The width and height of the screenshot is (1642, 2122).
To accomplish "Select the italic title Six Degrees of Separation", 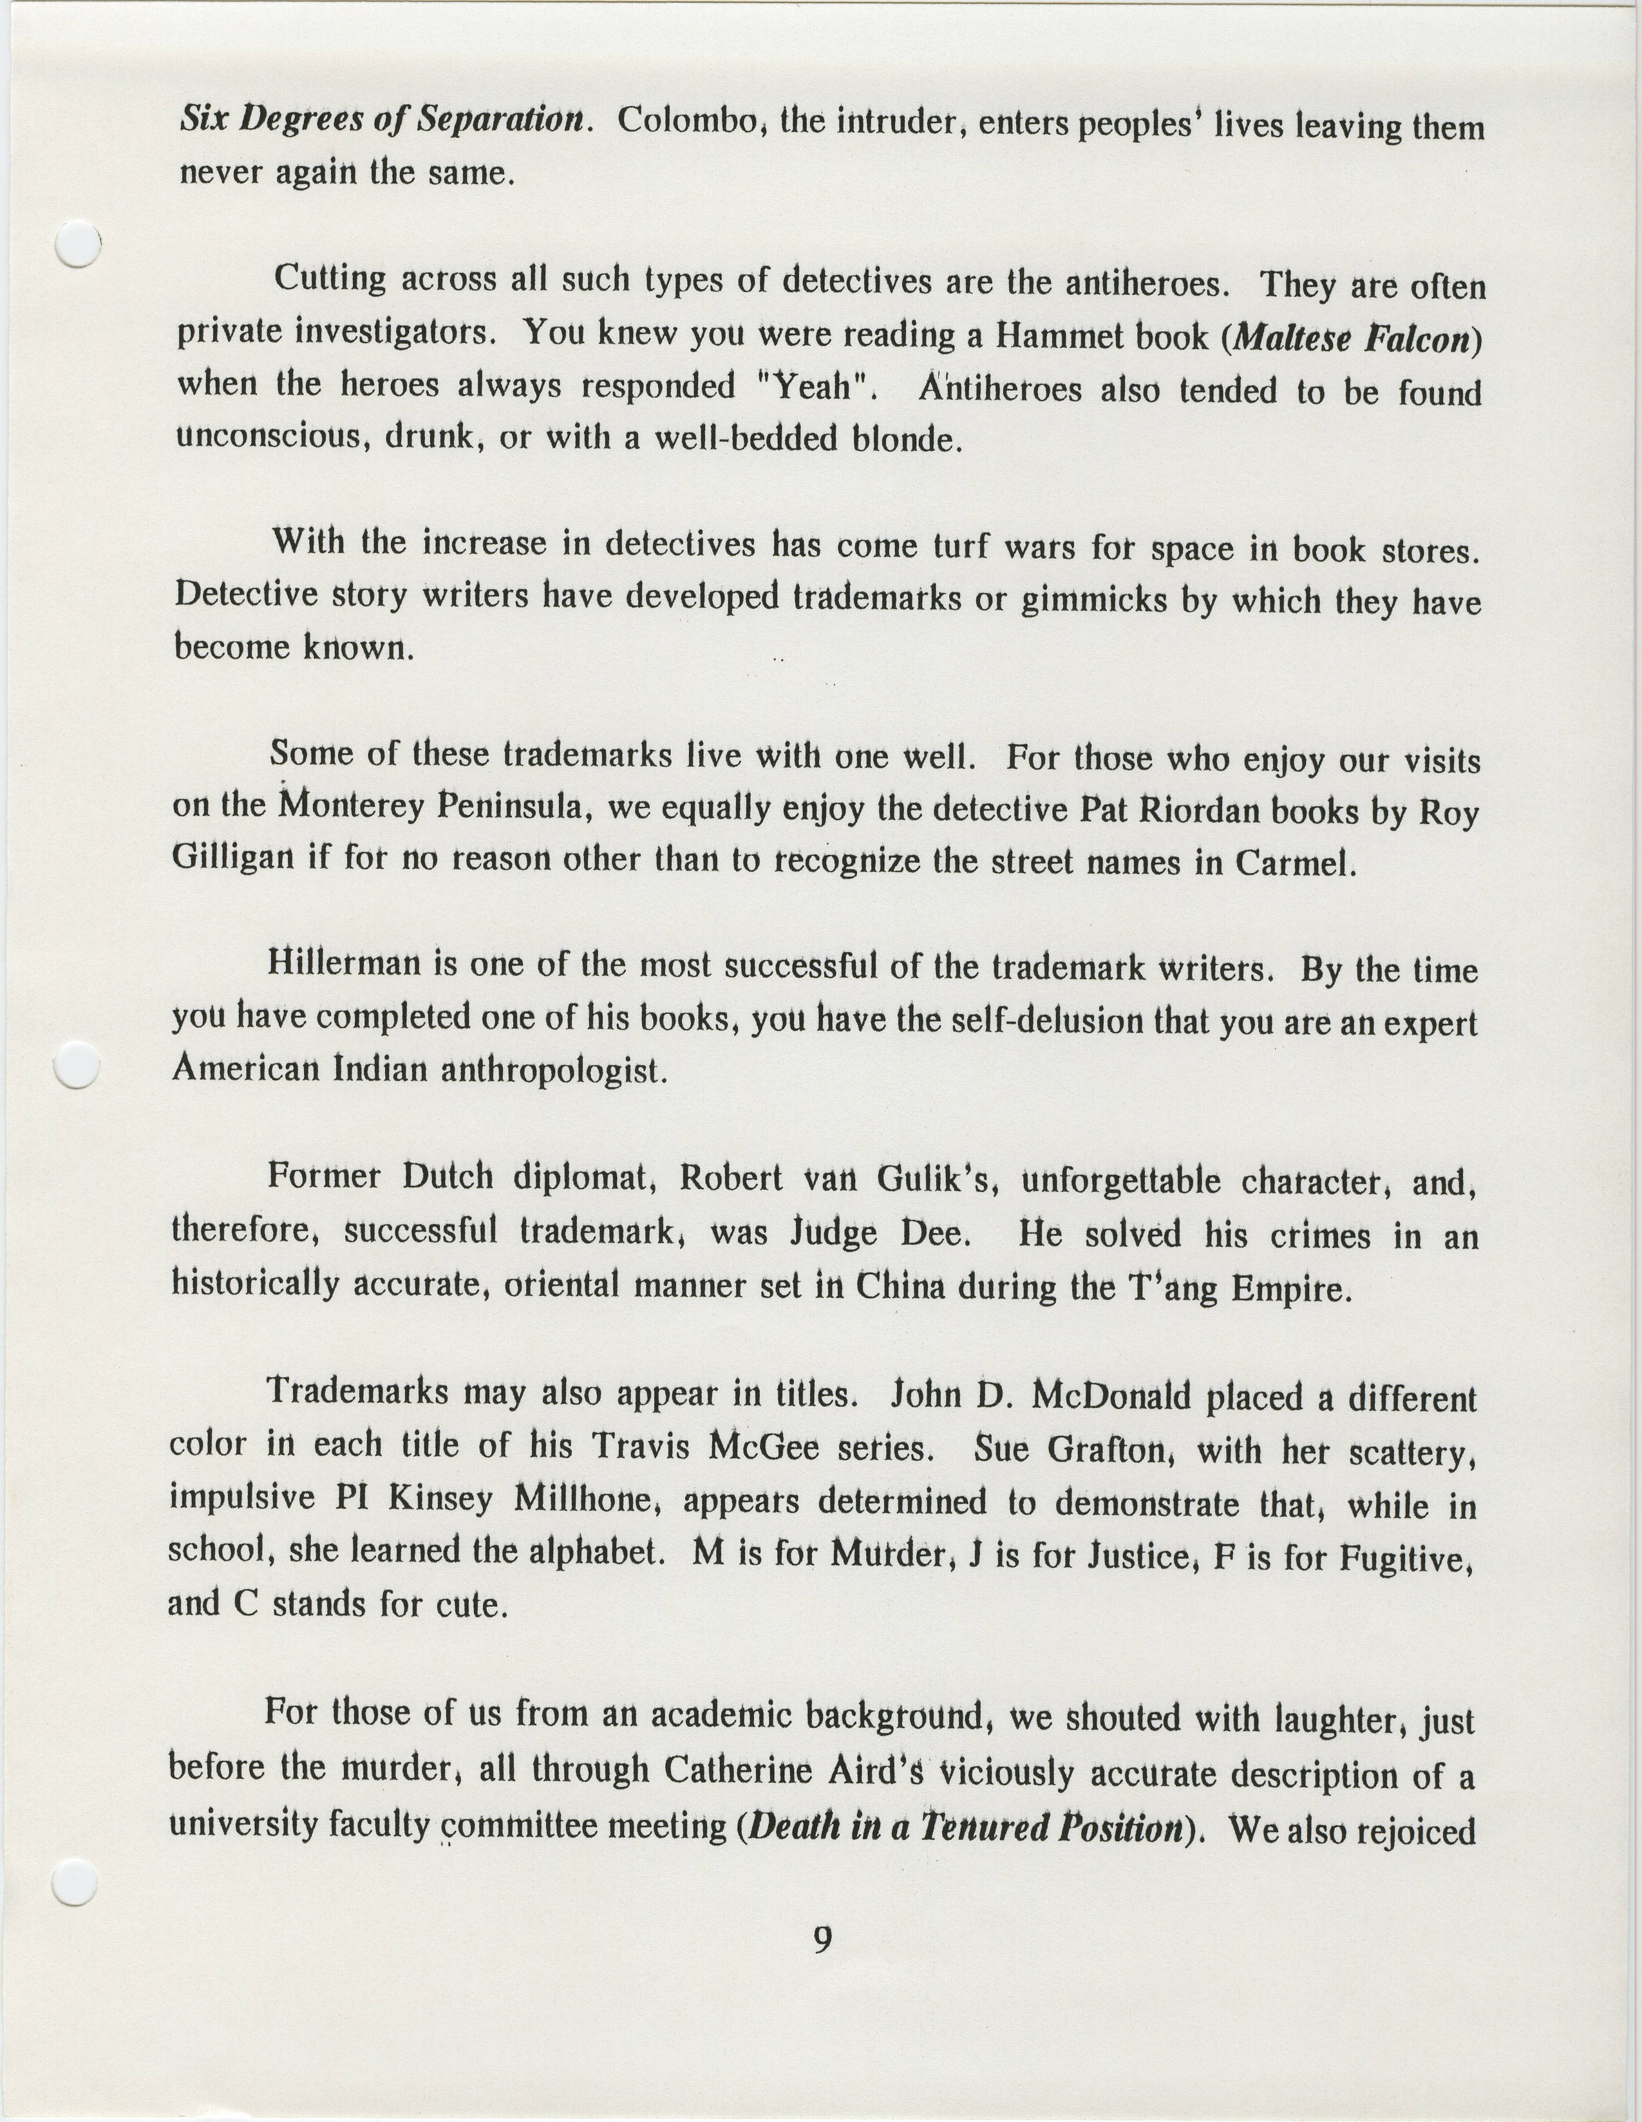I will (x=385, y=120).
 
